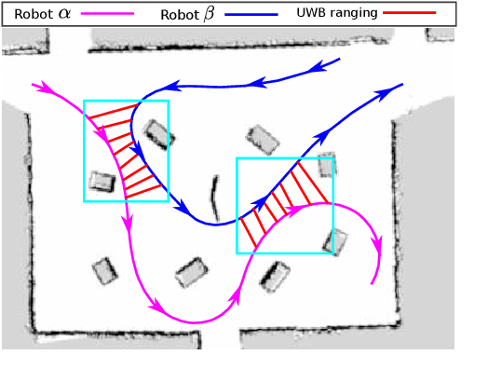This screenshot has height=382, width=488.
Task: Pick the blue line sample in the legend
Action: (x=252, y=14)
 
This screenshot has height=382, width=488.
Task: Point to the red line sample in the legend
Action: (x=417, y=14)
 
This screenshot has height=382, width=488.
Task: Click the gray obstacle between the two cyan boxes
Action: (x=264, y=141)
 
